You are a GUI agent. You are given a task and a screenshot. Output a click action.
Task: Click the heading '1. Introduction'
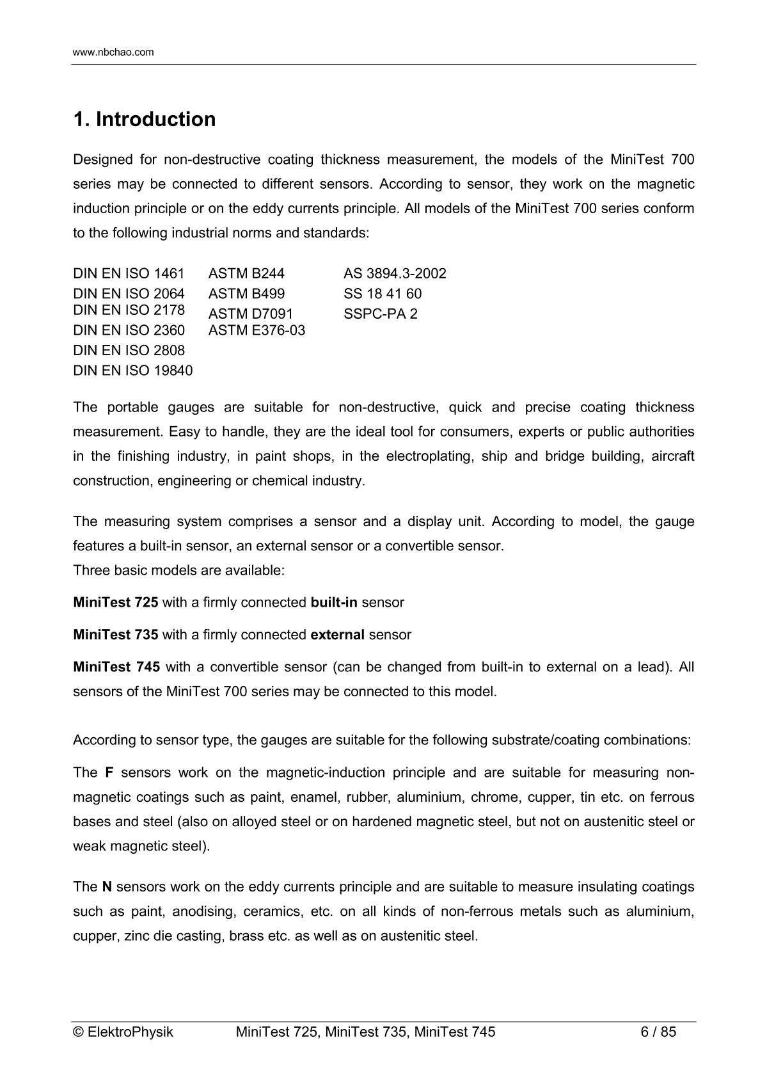(145, 120)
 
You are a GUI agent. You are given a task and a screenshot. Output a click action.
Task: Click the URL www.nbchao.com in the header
(113, 52)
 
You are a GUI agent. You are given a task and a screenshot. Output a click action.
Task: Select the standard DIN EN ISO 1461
(129, 274)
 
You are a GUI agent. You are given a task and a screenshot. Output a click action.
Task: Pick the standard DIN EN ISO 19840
(132, 371)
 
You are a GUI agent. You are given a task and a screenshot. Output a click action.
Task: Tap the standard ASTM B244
(246, 274)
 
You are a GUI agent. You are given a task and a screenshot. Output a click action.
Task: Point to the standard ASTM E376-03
(257, 330)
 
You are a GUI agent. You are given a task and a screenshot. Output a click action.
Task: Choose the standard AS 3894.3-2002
(395, 274)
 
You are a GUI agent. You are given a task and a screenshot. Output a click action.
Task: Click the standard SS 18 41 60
(383, 294)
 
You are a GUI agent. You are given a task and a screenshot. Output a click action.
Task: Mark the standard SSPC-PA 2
(380, 314)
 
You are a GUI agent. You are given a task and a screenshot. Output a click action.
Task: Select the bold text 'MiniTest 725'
(116, 602)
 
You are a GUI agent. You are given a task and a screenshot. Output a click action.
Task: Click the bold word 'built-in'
(334, 602)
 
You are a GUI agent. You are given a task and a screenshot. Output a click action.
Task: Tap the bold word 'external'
(337, 635)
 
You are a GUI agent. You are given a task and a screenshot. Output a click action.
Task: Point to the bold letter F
(109, 772)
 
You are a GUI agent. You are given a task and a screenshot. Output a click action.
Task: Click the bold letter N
(107, 887)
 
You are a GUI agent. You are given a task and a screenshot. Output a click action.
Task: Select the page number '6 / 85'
(658, 1032)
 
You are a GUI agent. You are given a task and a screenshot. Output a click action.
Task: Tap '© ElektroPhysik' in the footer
(123, 1032)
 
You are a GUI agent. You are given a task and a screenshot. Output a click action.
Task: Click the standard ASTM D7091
(250, 314)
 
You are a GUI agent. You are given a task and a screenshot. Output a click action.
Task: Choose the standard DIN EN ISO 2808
(129, 350)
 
